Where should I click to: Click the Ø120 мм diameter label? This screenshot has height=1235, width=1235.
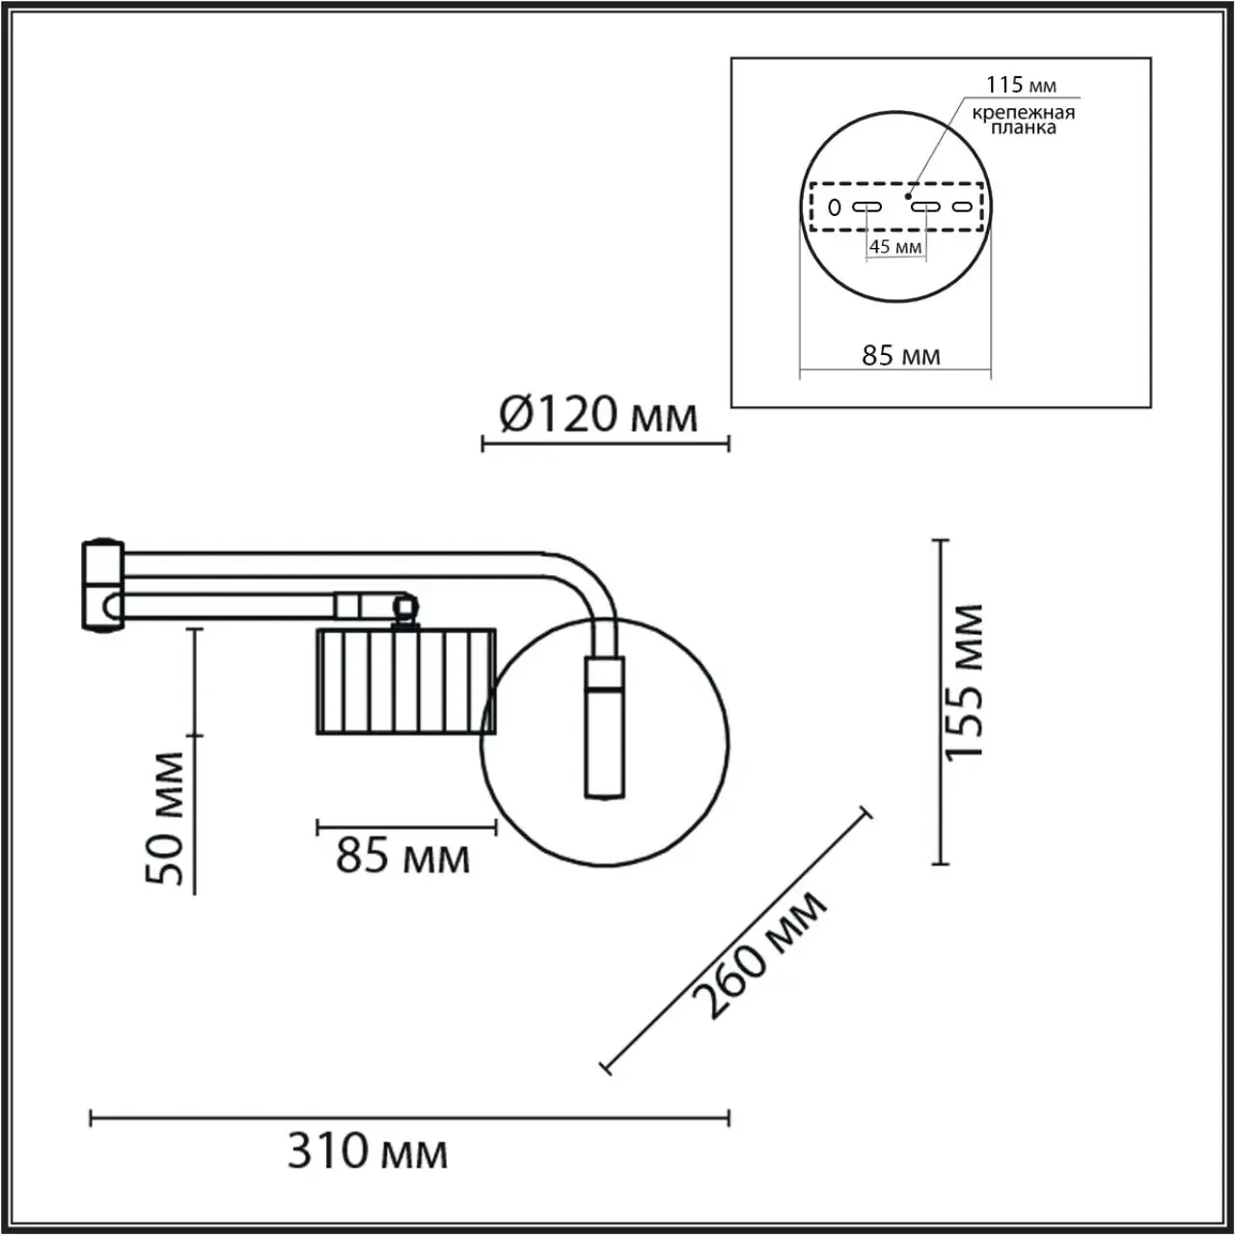click(598, 415)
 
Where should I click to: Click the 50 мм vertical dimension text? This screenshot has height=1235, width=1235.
click(165, 819)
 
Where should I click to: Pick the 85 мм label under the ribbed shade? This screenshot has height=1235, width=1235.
click(402, 856)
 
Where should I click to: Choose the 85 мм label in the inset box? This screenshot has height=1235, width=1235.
click(901, 354)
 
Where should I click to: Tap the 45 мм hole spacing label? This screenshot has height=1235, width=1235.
click(895, 247)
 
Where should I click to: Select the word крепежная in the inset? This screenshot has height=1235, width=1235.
click(1024, 114)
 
